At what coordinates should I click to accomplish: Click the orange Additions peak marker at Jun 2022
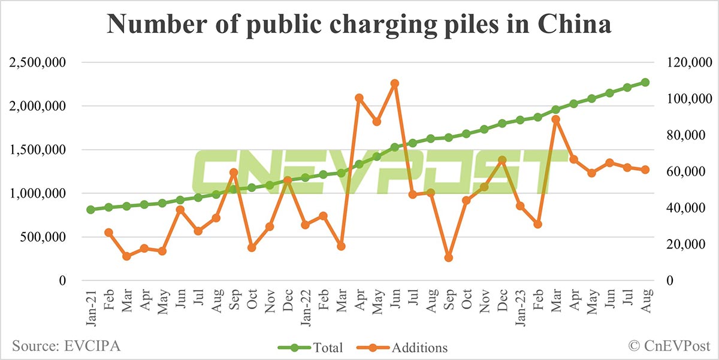[x=394, y=83]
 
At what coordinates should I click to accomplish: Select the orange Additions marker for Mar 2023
[x=555, y=119]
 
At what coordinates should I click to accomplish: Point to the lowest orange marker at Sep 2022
[x=448, y=258]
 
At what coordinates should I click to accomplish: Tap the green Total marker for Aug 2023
[x=645, y=82]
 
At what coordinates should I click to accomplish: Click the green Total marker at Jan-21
[x=90, y=210]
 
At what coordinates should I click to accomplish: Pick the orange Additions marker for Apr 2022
[x=359, y=98]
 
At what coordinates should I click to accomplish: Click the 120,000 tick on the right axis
[x=687, y=62]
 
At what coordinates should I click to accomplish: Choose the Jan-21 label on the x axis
[x=90, y=305]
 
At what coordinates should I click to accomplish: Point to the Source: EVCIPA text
[x=59, y=346]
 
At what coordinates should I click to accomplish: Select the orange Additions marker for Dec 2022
[x=502, y=160]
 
